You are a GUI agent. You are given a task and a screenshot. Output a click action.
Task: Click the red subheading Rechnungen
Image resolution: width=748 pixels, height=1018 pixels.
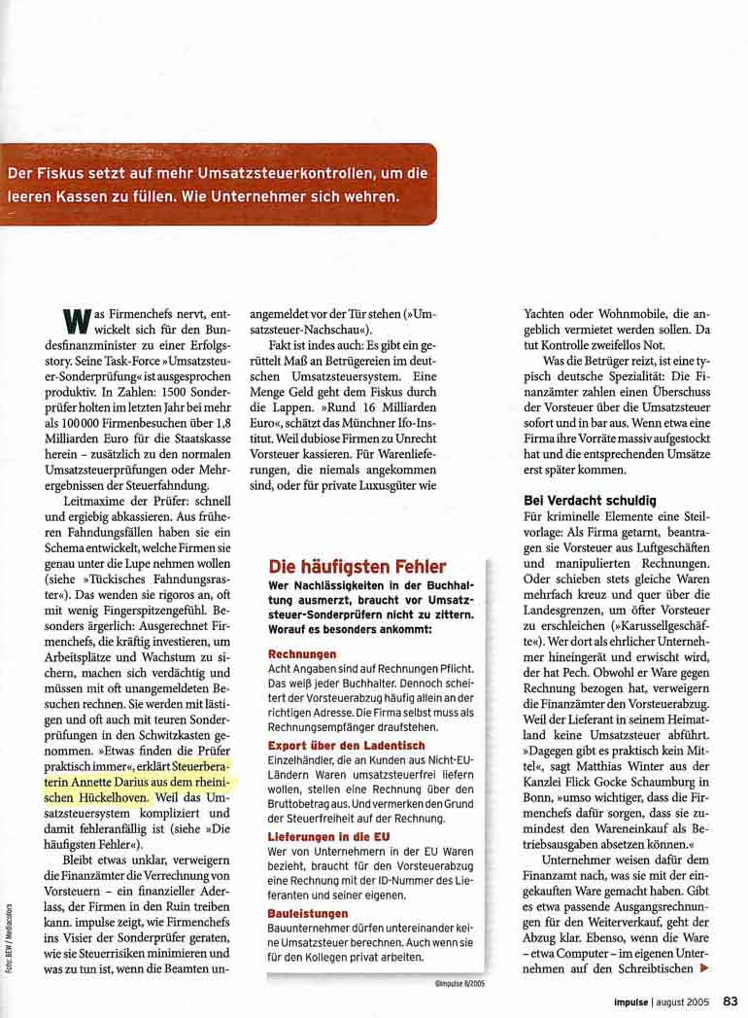301,654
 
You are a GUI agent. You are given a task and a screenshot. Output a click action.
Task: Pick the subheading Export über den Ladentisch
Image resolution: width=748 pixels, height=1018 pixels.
343,746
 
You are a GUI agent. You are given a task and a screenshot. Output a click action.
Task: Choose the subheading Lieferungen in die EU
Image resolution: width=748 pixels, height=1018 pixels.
330,835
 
